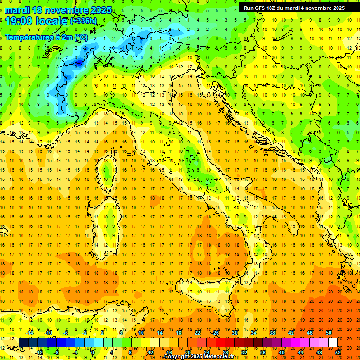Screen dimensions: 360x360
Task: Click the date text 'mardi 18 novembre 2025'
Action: coord(59,10)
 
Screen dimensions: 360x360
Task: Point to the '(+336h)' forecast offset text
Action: coord(83,21)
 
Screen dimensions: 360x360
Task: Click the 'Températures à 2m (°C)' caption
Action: coord(46,37)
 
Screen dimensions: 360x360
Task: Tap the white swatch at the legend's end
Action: coord(333,342)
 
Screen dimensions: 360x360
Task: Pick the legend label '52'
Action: coord(338,352)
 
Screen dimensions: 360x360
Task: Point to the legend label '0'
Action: coord(93,352)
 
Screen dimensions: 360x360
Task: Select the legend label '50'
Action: coord(329,332)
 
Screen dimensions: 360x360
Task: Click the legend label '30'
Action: coord(235,332)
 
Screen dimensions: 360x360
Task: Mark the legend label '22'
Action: coord(197,332)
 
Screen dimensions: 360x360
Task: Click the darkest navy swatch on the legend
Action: coord(23,342)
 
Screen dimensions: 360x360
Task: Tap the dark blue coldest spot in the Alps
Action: coord(78,61)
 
